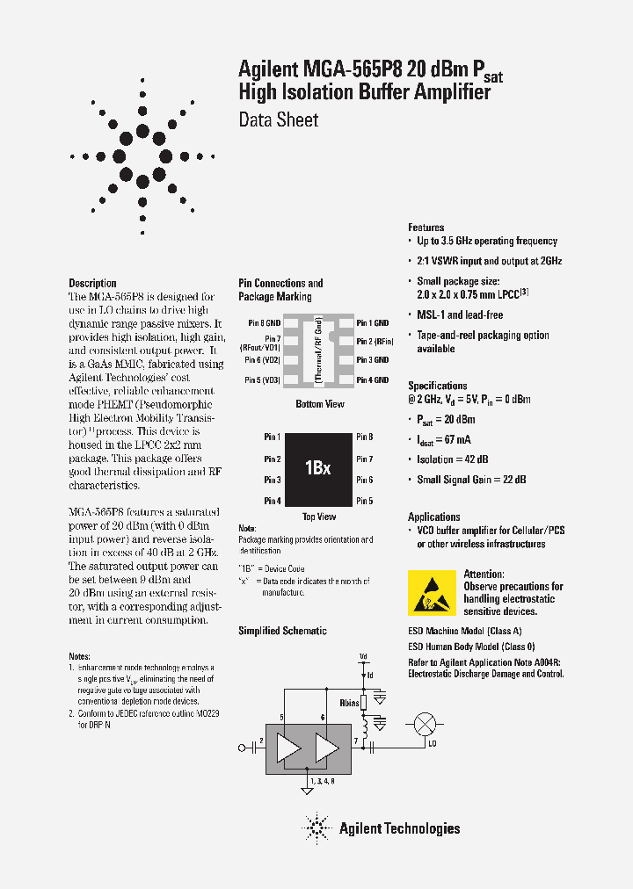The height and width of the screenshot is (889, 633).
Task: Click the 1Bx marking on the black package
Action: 318,468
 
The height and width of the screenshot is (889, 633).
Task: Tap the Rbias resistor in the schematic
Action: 363,702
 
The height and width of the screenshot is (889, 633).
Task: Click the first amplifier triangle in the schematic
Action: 287,748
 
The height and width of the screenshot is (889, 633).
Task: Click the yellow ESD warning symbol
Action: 432,591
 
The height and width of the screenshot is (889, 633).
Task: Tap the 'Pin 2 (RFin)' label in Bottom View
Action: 375,341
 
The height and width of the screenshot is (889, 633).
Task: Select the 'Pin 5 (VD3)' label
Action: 262,379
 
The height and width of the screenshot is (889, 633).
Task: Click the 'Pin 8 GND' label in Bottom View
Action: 264,323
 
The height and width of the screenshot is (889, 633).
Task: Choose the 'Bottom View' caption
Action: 317,404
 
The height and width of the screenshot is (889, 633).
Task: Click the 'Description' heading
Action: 92,283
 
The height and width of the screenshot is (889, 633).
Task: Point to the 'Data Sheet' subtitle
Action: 279,120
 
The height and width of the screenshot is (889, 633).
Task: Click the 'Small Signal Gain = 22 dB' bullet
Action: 471,480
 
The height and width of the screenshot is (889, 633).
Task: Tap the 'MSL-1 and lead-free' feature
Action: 460,314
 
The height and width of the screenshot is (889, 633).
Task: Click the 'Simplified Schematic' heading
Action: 282,631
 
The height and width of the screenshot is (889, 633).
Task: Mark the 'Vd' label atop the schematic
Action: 362,656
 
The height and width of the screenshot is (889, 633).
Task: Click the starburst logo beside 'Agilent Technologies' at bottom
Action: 316,828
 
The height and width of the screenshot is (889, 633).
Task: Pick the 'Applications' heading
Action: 433,517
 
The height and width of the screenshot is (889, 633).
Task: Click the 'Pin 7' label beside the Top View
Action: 365,459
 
